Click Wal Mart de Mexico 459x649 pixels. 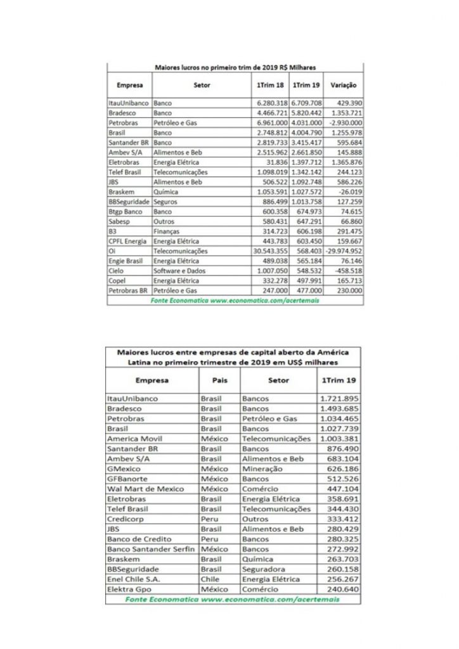[146, 489]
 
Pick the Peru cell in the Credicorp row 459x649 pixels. [209, 519]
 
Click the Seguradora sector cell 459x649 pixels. [266, 570]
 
